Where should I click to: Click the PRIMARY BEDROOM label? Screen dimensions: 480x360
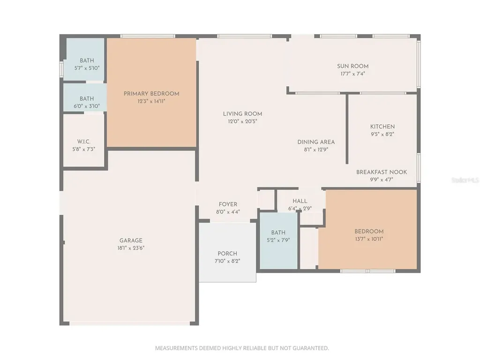click(151, 94)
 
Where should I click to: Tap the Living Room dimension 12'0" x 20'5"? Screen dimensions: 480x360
click(242, 121)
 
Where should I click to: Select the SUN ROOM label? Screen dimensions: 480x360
click(352, 66)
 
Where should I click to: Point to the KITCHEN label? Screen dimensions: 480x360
click(382, 127)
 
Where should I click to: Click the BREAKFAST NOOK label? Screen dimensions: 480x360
click(382, 172)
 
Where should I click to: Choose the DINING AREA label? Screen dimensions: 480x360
click(316, 142)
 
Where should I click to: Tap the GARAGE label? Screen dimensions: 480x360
click(131, 240)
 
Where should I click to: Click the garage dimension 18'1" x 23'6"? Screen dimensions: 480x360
click(131, 248)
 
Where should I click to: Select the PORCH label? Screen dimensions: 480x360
click(227, 254)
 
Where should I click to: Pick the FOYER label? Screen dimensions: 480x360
click(228, 204)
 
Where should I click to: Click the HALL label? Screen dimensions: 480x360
click(300, 201)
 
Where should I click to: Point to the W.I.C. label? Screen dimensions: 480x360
click(83, 142)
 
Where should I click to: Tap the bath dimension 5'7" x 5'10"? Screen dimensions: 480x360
click(87, 68)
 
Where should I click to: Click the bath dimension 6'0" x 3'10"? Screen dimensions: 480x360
click(87, 106)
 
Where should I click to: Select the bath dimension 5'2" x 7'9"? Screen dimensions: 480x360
click(278, 240)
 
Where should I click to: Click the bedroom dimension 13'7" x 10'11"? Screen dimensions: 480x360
click(369, 239)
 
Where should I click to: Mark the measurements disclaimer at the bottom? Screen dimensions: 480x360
click(242, 348)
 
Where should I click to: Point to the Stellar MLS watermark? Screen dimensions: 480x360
click(465, 180)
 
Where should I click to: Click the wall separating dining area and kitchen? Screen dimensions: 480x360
click(347, 128)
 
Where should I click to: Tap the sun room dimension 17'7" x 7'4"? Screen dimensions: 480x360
click(352, 74)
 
